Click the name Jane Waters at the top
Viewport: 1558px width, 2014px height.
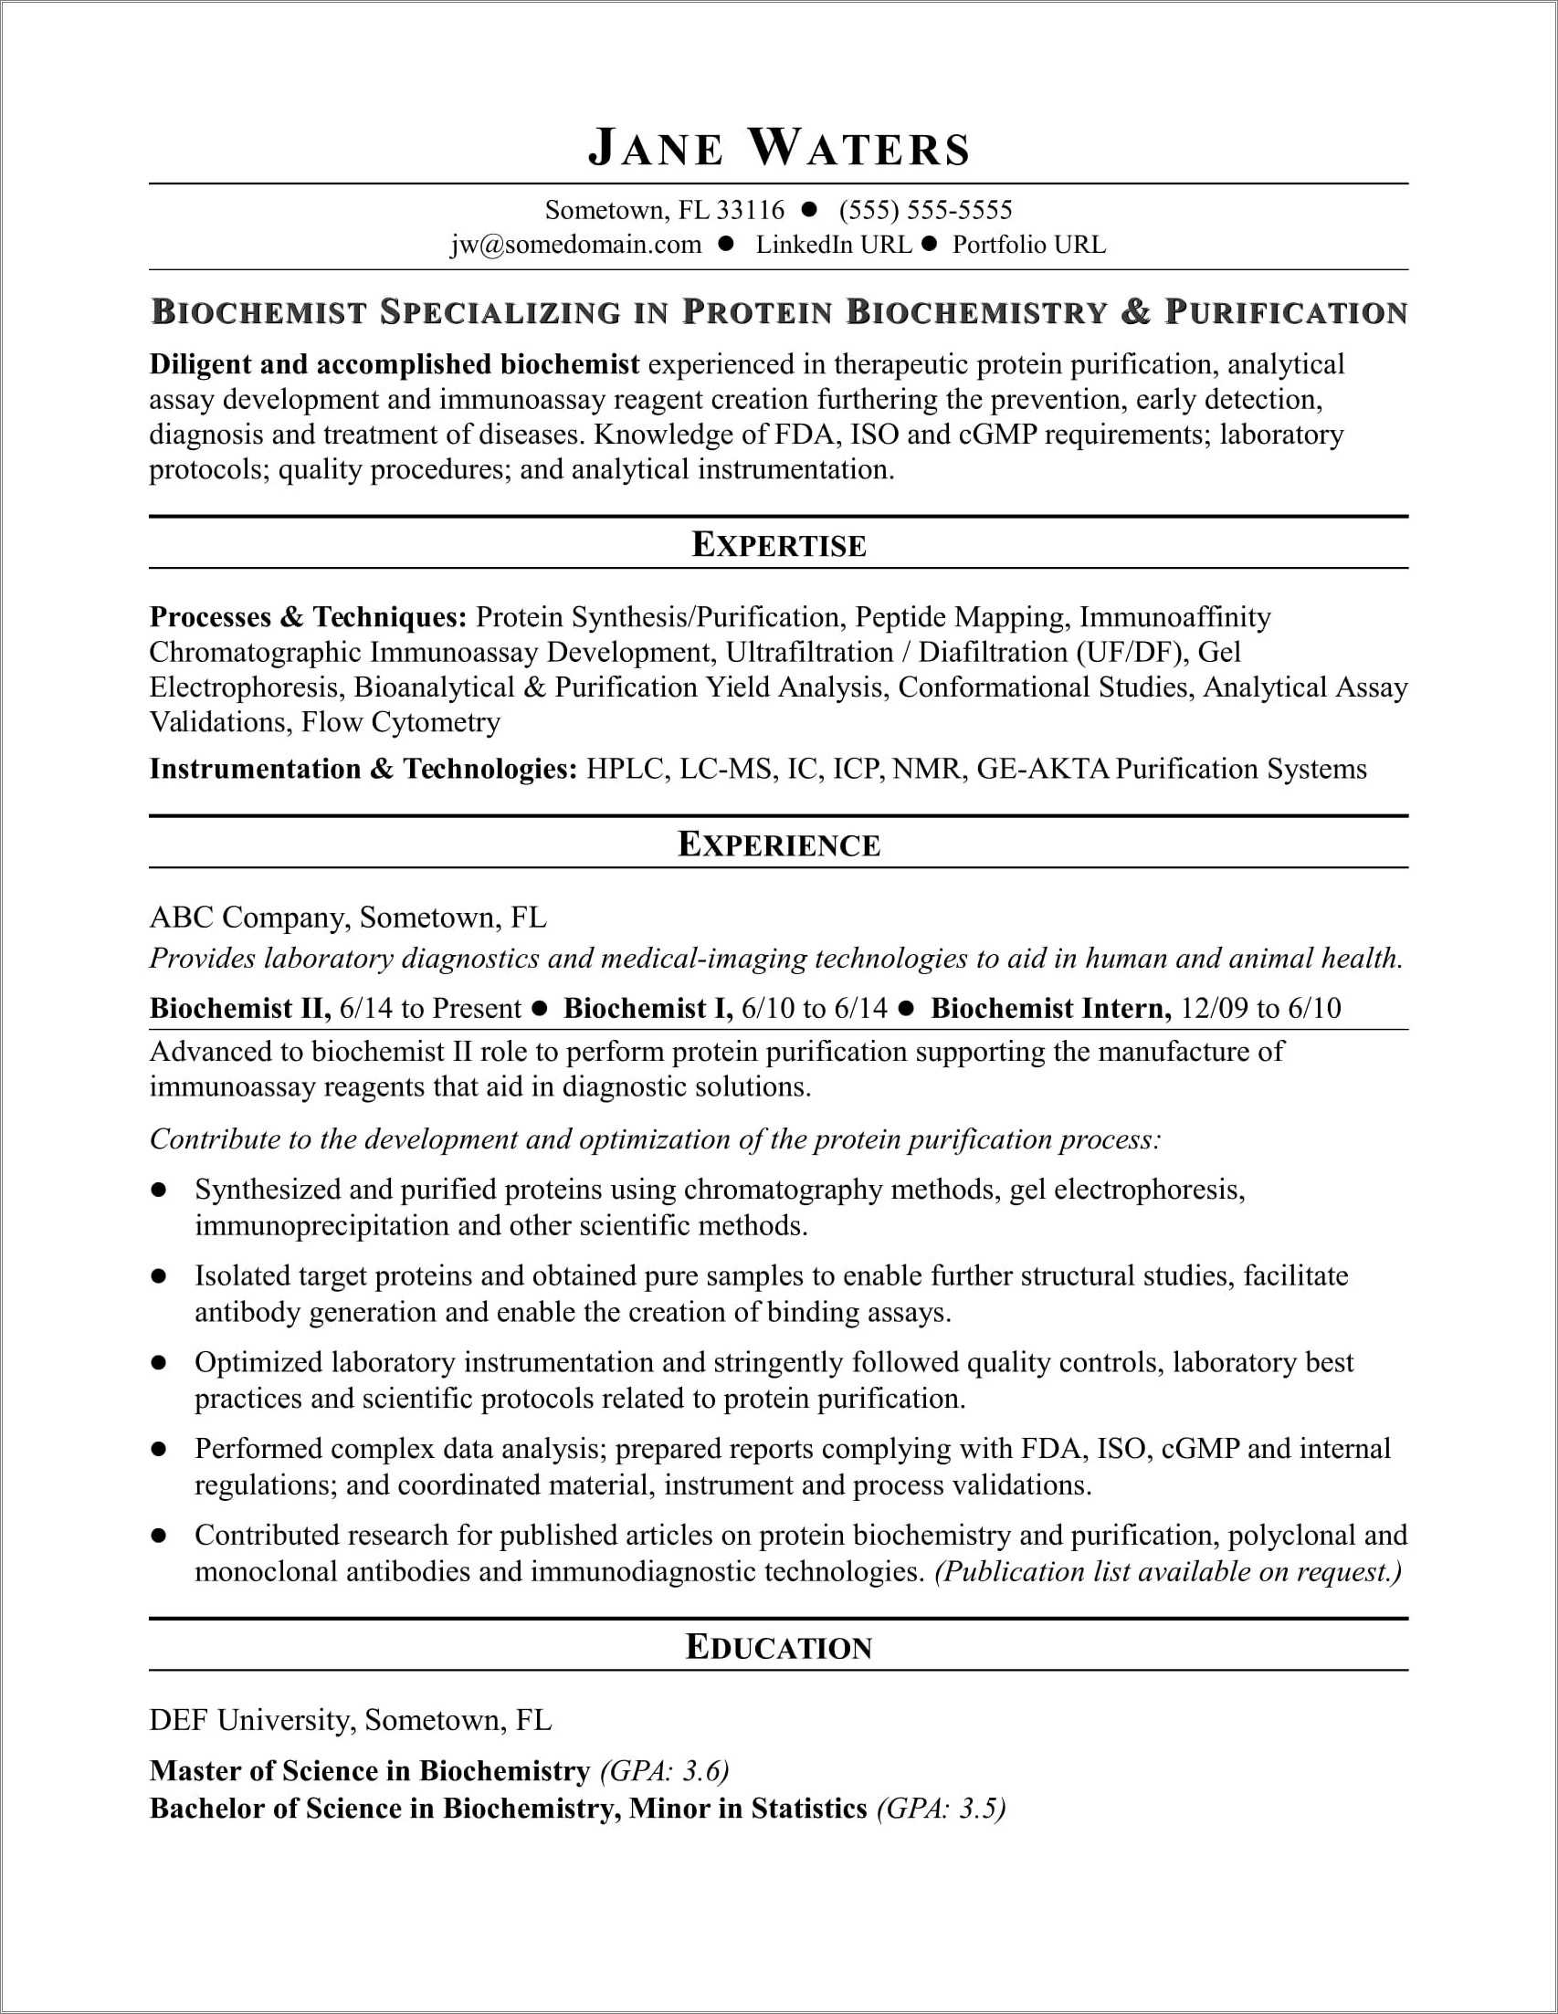tap(780, 149)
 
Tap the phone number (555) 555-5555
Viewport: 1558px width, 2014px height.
tap(925, 210)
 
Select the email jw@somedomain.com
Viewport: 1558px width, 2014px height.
tap(575, 245)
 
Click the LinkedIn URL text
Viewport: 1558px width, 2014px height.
tap(833, 245)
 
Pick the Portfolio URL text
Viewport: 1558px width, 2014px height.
tap(1028, 245)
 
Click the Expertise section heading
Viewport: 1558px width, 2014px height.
tap(780, 545)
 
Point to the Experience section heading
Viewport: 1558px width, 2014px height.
tap(780, 844)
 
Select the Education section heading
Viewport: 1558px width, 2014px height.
tap(780, 1648)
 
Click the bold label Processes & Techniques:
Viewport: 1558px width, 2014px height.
tap(308, 617)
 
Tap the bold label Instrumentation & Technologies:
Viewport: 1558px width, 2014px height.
tap(363, 769)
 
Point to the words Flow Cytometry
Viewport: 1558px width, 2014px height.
tap(401, 722)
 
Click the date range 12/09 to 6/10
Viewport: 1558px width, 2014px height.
tap(1260, 1008)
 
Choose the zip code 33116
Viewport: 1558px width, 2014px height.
tap(750, 210)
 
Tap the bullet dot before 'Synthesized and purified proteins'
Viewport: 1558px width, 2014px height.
tap(159, 1191)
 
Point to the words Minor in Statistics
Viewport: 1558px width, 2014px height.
tap(748, 1809)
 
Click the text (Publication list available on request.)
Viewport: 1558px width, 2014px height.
tap(1168, 1571)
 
